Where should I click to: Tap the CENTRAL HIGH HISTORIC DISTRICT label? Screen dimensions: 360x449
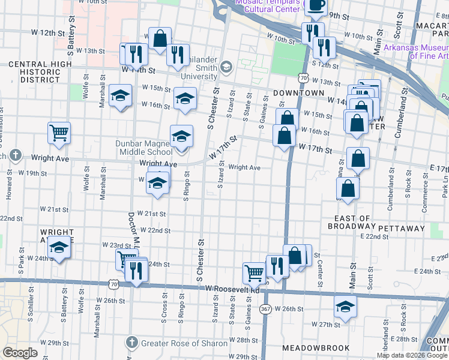(34, 71)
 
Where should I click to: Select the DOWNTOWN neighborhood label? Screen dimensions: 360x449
(294, 94)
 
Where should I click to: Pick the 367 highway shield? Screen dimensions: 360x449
(265, 308)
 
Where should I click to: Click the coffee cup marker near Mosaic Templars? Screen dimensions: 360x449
(316, 5)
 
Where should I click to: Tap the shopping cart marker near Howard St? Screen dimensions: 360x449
(59, 133)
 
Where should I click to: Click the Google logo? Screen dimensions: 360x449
(20, 353)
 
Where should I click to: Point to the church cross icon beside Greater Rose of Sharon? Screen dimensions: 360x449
(132, 343)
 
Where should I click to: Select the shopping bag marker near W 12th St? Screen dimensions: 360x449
(160, 38)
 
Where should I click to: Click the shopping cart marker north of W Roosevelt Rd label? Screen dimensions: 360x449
(254, 273)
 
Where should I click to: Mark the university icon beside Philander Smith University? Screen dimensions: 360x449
(226, 66)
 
